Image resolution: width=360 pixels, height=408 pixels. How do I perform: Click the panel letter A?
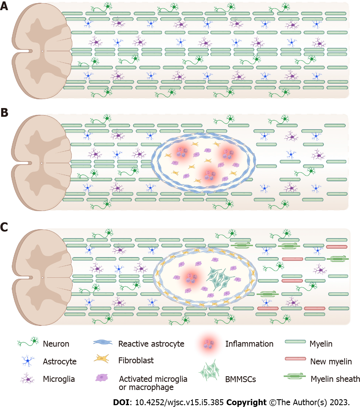[4, 6]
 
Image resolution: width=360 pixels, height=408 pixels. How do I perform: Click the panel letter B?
[4, 113]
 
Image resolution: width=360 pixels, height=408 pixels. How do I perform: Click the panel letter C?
[4, 227]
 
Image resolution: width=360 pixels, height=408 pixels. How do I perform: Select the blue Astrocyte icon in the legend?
[28, 361]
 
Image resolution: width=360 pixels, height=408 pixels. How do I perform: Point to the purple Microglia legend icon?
[27, 379]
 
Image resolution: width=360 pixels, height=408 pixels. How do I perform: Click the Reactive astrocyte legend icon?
[103, 342]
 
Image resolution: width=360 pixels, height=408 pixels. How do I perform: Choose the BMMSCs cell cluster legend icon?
[209, 371]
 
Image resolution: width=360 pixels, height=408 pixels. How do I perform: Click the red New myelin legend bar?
[295, 359]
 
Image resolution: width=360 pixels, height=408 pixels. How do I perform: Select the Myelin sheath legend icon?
[295, 376]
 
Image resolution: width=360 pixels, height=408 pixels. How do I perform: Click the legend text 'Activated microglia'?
[153, 379]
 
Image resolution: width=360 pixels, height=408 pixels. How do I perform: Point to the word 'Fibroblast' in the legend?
[136, 360]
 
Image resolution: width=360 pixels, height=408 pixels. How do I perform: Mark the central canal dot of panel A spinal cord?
[42, 51]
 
